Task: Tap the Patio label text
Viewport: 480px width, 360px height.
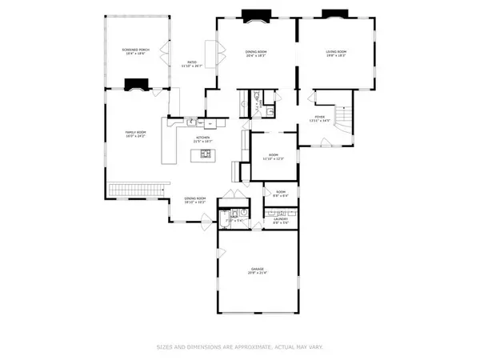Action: (x=193, y=63)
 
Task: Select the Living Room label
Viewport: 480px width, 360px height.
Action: (x=336, y=54)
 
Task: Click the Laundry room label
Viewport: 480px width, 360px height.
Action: (x=282, y=221)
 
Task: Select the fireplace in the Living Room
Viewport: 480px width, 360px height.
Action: (x=333, y=14)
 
